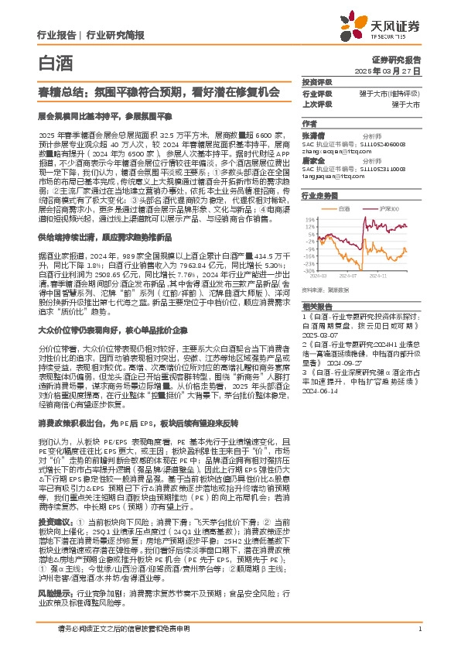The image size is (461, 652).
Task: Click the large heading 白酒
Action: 52,62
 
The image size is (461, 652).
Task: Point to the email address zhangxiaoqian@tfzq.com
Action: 333,152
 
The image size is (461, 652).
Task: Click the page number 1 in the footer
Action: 418,629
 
